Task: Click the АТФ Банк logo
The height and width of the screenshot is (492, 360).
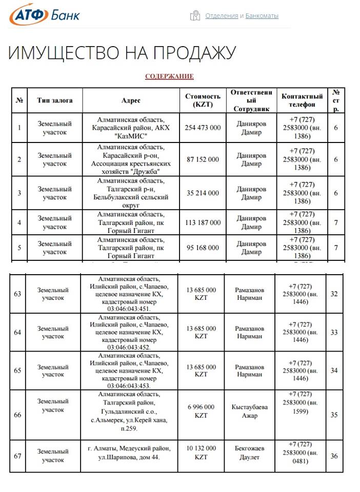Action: (x=45, y=14)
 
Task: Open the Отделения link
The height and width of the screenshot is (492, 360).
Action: (x=222, y=16)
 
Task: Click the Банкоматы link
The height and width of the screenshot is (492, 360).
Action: (x=262, y=16)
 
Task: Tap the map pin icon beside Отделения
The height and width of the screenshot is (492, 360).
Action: (x=195, y=16)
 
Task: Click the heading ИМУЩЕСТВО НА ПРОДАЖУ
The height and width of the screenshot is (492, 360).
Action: (x=122, y=53)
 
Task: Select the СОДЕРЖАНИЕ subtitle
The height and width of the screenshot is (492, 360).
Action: (x=169, y=76)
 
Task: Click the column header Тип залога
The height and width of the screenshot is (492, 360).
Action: (x=55, y=100)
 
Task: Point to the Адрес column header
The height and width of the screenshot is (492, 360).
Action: (x=131, y=100)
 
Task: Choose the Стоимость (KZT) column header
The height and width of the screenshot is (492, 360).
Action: (x=203, y=100)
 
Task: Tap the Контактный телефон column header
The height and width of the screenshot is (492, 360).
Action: (x=302, y=100)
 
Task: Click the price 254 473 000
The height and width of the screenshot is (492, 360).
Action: (x=203, y=128)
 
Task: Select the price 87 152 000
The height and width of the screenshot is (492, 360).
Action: (x=203, y=159)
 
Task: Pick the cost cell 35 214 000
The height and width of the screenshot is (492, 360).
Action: (x=203, y=193)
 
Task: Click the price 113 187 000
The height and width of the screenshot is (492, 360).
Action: (x=203, y=222)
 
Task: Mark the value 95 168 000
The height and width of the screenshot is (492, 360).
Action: (x=203, y=248)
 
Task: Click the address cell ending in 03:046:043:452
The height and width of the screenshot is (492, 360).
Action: (x=132, y=332)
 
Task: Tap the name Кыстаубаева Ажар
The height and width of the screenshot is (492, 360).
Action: (x=250, y=411)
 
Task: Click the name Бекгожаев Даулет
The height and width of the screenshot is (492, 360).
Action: (x=250, y=453)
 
